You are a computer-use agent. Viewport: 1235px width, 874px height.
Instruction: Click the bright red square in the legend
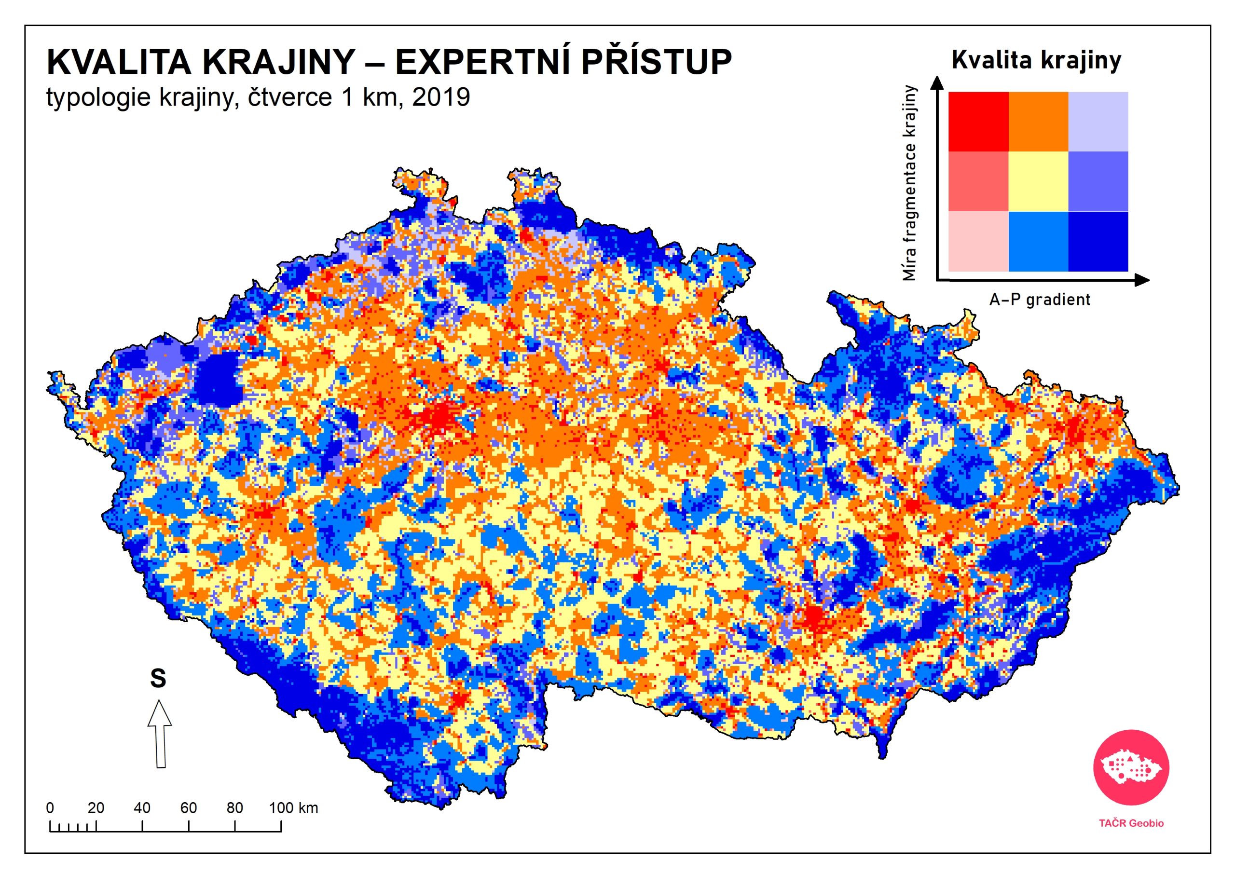click(x=978, y=121)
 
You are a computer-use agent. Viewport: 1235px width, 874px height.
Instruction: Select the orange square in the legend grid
click(x=1038, y=121)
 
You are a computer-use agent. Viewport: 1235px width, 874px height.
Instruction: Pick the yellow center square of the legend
click(x=1038, y=181)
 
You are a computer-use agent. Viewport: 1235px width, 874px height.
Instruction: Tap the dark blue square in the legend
click(x=1098, y=241)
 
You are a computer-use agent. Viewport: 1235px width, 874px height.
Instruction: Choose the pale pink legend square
click(x=978, y=241)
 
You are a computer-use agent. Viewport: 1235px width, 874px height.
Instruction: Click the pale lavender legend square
click(x=1098, y=121)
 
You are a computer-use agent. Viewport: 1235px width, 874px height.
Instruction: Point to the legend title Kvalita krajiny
click(x=1036, y=60)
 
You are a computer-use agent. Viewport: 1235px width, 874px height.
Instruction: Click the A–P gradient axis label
click(x=1039, y=299)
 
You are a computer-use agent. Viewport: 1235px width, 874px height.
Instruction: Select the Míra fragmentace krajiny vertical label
click(x=909, y=183)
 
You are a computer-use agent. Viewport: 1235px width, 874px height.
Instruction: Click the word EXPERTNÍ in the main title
click(x=483, y=62)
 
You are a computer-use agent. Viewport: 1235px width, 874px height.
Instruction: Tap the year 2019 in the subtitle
click(x=441, y=97)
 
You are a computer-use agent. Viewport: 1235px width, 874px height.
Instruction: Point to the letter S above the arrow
click(x=158, y=678)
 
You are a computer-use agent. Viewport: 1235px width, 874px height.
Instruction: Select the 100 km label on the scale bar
click(x=293, y=808)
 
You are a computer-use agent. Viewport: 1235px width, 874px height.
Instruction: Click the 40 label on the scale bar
click(x=142, y=808)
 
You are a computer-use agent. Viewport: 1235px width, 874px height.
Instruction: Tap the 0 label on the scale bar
click(x=50, y=808)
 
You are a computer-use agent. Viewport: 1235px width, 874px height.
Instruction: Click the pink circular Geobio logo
click(x=1131, y=767)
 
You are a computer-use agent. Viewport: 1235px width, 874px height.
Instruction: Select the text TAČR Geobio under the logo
click(x=1131, y=823)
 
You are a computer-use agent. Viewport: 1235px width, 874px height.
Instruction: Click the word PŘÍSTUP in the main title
click(x=656, y=62)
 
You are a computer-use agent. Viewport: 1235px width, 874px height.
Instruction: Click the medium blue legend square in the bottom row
click(x=1038, y=241)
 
